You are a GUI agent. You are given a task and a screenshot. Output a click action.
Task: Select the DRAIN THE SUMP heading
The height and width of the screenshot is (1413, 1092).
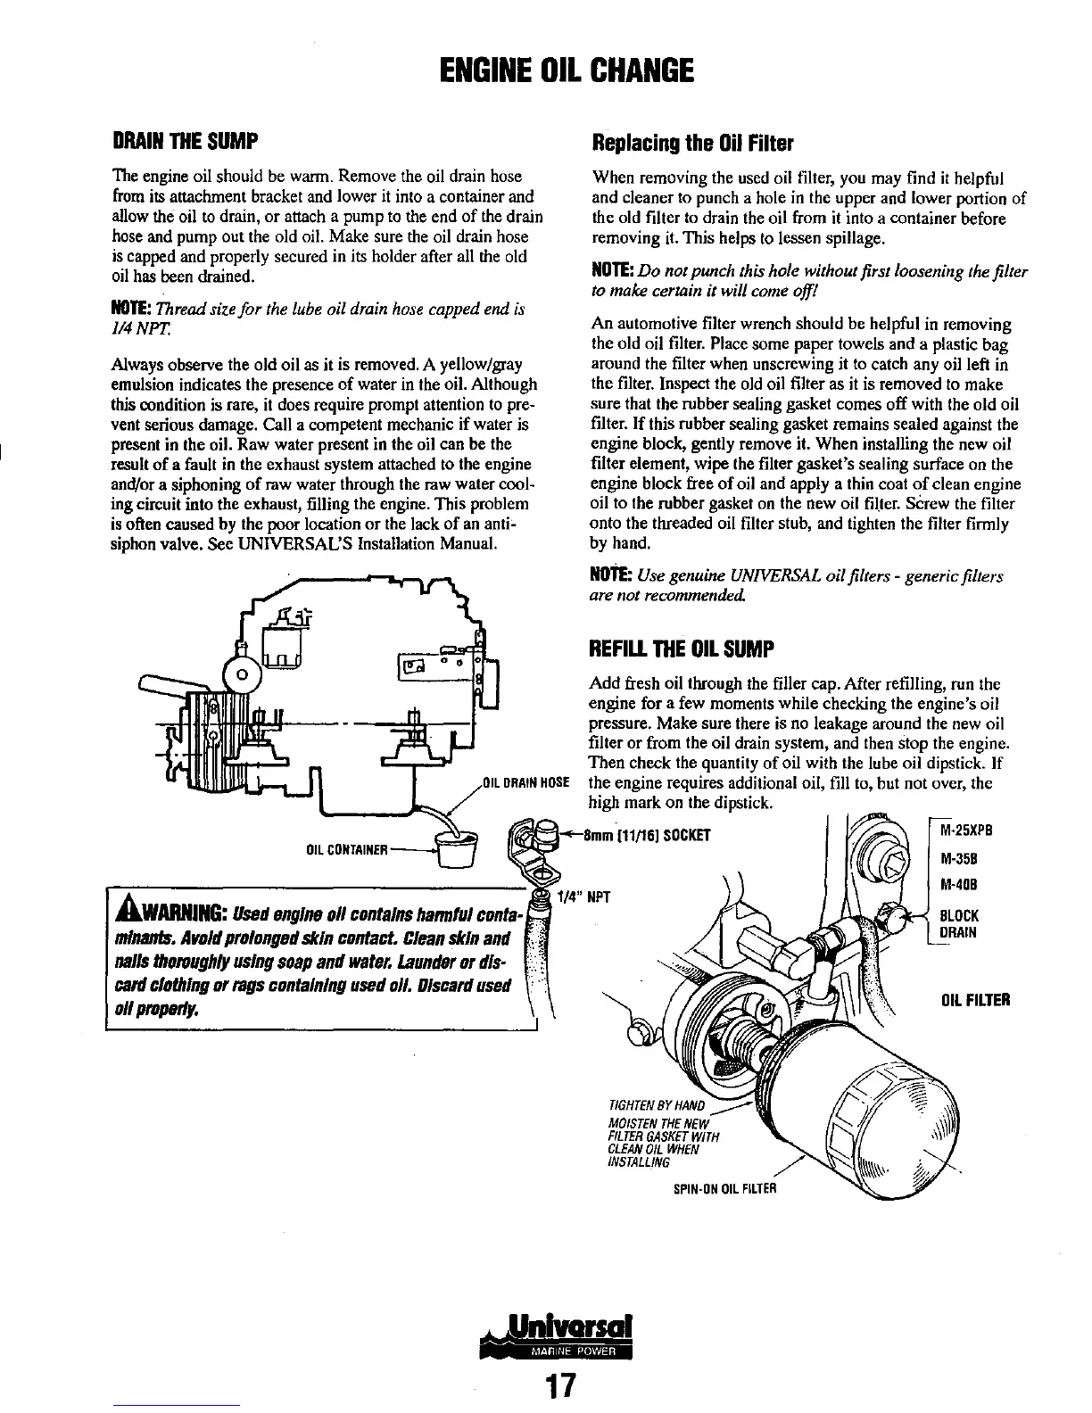click(184, 141)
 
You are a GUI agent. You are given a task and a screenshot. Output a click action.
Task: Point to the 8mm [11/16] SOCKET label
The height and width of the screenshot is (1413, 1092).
click(646, 836)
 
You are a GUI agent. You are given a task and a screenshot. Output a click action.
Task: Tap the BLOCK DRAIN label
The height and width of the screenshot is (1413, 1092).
click(959, 924)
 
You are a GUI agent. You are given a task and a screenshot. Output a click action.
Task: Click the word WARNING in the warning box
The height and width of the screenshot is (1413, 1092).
click(182, 915)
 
